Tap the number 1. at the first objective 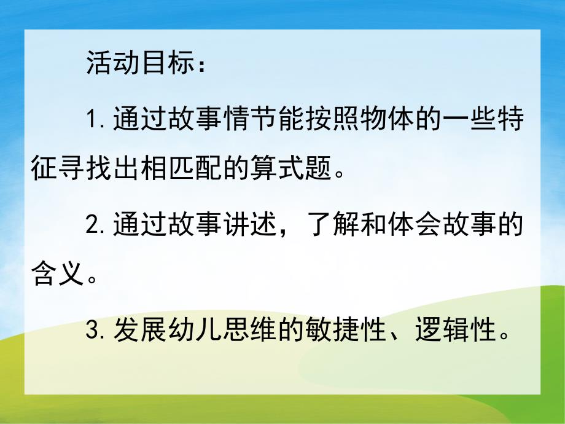coord(95,120)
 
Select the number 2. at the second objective coord(96,226)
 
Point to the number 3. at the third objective coord(96,332)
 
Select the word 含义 coord(56,271)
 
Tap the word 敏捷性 coord(335,332)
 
